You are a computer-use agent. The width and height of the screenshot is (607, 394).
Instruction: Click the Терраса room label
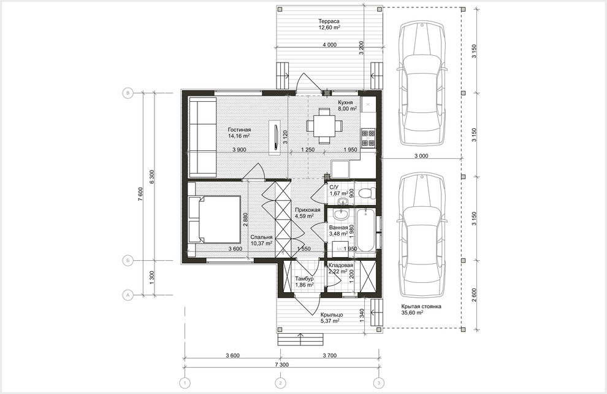(329, 21)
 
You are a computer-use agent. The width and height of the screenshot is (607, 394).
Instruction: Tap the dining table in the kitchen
(324, 125)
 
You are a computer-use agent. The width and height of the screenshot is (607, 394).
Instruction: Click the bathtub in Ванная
(365, 230)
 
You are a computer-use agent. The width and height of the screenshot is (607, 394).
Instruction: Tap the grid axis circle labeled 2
(280, 383)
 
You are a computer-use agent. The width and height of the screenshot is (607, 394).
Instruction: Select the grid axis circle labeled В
(128, 93)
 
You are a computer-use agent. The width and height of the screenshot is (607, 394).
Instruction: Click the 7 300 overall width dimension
(282, 365)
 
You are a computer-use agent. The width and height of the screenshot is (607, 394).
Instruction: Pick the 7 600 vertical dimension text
(141, 194)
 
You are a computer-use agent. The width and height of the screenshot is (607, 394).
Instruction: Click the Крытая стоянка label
(421, 306)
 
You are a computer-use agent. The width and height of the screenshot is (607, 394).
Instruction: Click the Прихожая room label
(307, 210)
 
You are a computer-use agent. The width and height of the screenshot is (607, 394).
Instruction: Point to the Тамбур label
(304, 279)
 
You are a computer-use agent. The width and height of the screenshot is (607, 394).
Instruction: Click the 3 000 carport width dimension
(421, 156)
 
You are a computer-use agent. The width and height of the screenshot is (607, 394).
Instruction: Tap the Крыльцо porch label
(332, 315)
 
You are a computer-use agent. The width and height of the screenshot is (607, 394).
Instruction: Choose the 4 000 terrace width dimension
(329, 45)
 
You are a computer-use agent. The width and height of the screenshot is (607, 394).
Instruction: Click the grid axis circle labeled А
(128, 295)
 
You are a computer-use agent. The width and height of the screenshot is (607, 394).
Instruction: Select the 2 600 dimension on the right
(475, 295)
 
